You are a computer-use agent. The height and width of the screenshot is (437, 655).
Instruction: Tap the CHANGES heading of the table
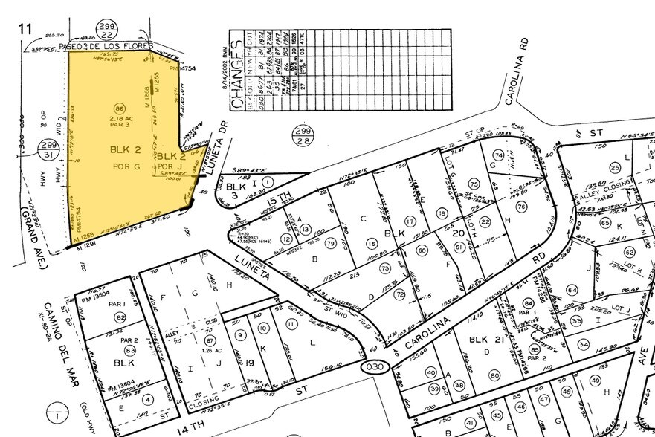point(237,75)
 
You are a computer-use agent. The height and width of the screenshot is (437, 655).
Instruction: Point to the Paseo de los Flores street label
point(112,46)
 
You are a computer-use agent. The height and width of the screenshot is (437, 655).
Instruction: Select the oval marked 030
point(374,368)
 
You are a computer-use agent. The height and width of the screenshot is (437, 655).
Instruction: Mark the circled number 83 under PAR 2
point(129,350)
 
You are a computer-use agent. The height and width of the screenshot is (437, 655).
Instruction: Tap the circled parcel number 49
point(595,381)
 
